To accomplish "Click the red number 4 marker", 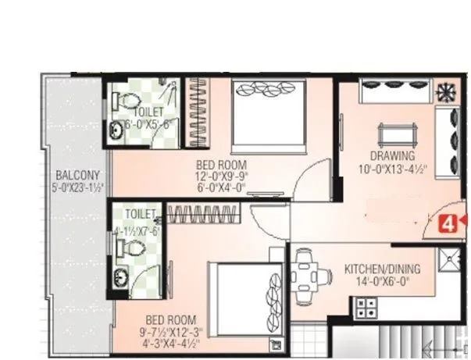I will pyautogui.click(x=448, y=224).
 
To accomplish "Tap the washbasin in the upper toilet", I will pyautogui.click(x=117, y=130).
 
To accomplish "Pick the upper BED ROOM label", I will pyautogui.click(x=221, y=165).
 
